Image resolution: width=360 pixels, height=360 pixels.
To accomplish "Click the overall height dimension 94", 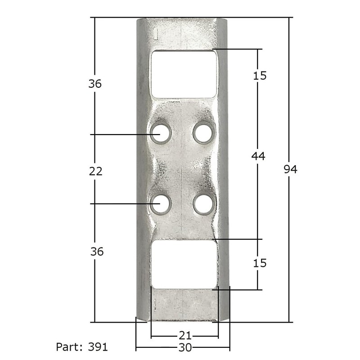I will pyautogui.click(x=291, y=169).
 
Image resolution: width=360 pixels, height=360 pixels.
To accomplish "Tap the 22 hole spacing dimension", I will pyautogui.click(x=96, y=171).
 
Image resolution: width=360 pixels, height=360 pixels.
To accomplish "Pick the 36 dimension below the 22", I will pyautogui.click(x=96, y=252).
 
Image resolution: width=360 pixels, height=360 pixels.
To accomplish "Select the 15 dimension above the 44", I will pyautogui.click(x=260, y=75).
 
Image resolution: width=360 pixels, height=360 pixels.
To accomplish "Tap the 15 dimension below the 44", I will pyautogui.click(x=260, y=263).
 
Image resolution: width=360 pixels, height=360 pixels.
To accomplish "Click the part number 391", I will pyautogui.click(x=98, y=347).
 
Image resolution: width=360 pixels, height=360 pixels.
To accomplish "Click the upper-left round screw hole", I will pyautogui.click(x=159, y=134).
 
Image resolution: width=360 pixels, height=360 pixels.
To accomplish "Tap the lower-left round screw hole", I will pyautogui.click(x=159, y=204).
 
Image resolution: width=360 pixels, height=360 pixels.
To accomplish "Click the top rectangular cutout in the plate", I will pyautogui.click(x=184, y=73).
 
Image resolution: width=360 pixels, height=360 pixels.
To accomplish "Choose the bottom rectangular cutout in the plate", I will pyautogui.click(x=184, y=264).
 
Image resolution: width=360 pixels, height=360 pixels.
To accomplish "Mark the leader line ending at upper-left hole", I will pyautogui.click(x=121, y=134).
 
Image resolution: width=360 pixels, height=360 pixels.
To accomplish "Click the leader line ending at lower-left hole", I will pyautogui.click(x=121, y=204).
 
